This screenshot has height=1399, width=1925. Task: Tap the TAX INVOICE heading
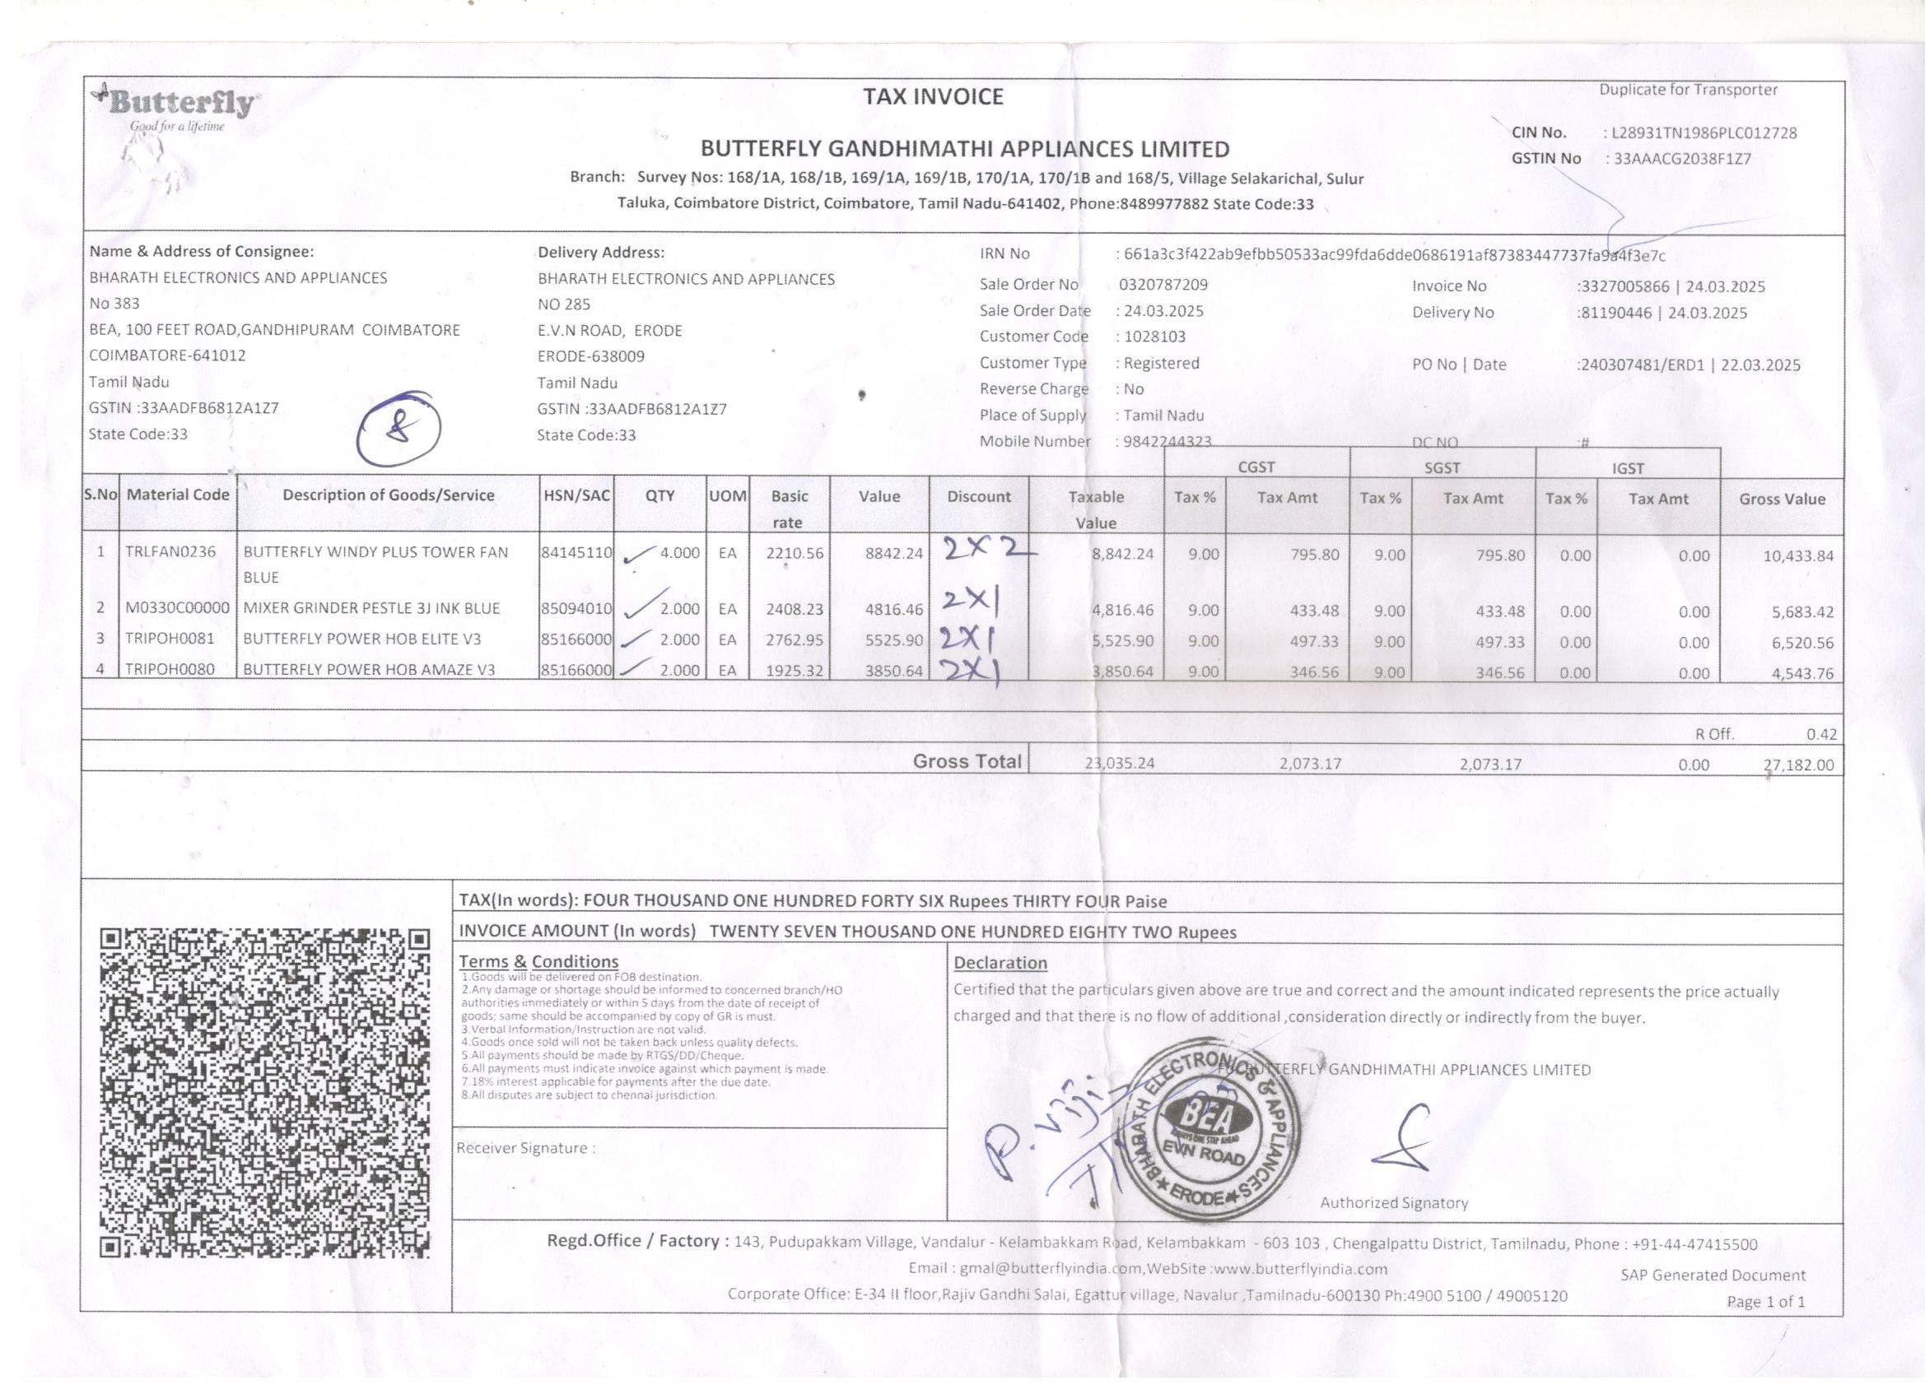click(x=933, y=97)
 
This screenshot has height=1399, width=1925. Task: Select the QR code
click(x=264, y=1093)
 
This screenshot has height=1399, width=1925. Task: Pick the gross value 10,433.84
click(x=1797, y=556)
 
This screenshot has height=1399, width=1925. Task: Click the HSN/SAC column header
click(x=576, y=495)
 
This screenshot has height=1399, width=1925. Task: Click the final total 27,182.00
click(x=1797, y=765)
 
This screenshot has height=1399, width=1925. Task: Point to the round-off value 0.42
click(x=1820, y=735)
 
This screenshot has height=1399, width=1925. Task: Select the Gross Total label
click(x=967, y=762)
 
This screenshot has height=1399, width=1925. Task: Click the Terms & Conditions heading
click(x=538, y=962)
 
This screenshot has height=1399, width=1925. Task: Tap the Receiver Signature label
click(x=525, y=1149)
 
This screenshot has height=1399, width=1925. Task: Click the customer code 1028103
click(x=1154, y=337)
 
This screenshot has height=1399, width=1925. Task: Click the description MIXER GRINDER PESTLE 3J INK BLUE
click(x=372, y=608)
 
